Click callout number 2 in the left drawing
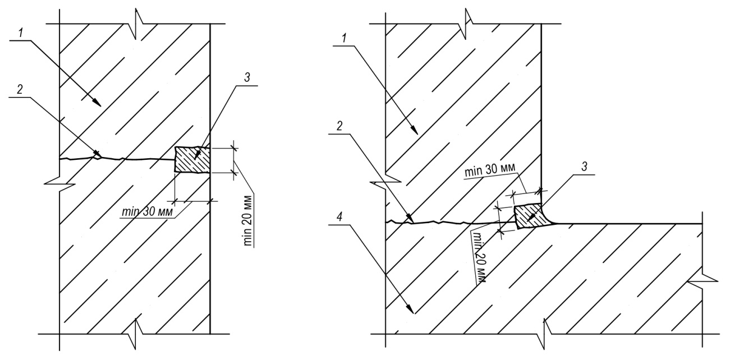pyautogui.click(x=21, y=89)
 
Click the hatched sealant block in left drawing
pyautogui.click(x=192, y=160)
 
